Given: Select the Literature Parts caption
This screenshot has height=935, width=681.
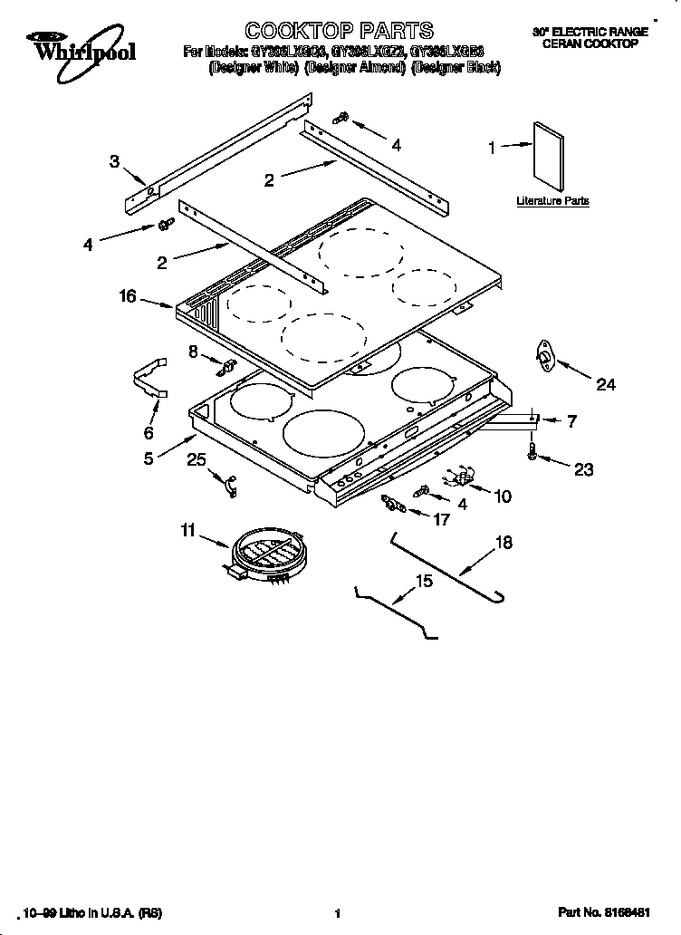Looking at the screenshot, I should click(x=552, y=200).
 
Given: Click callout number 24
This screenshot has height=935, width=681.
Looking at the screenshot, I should click(x=605, y=385).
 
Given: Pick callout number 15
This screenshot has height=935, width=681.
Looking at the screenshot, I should click(x=424, y=581).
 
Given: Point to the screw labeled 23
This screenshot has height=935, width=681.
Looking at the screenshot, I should click(x=532, y=451).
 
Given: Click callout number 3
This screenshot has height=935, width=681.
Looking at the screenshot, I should click(x=114, y=161).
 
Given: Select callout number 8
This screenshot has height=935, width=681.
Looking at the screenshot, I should click(x=193, y=350).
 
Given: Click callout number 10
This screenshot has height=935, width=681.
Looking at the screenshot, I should click(x=503, y=496).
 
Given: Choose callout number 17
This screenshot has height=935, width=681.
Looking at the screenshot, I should click(x=441, y=519).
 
